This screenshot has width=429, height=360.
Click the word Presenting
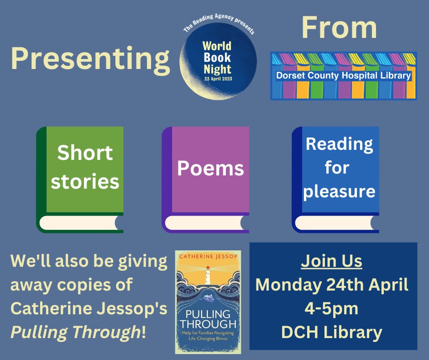(x=90, y=60)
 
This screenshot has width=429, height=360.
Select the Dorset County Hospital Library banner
(x=343, y=75)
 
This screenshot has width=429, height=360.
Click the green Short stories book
(x=80, y=179)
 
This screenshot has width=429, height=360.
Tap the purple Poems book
(x=206, y=179)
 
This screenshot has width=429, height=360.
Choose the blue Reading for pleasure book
(x=336, y=179)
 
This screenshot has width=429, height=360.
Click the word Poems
(x=210, y=169)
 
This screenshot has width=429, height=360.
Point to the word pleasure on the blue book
(x=339, y=191)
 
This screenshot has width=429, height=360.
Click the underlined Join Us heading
(x=332, y=261)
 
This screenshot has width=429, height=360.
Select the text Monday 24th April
(x=332, y=285)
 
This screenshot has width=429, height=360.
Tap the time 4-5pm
(x=332, y=309)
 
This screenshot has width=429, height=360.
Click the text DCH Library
(x=332, y=333)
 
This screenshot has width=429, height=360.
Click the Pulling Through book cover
(x=208, y=302)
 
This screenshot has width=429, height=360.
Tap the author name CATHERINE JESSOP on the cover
(x=208, y=257)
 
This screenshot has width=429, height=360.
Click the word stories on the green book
(x=85, y=181)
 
